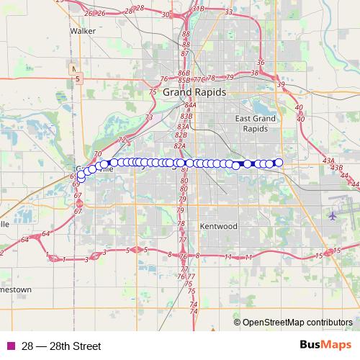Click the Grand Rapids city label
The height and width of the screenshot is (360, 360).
(194, 93)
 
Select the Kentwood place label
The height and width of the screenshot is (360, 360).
(219, 226)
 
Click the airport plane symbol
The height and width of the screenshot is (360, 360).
(332, 215)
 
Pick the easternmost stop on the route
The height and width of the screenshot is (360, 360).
(279, 163)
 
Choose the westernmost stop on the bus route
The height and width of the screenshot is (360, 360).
(81, 178)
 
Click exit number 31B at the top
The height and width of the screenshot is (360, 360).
(197, 9)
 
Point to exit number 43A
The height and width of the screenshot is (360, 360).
(328, 161)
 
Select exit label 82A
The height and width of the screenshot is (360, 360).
(180, 145)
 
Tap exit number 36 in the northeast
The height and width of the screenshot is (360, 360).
(261, 63)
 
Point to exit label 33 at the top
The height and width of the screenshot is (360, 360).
(228, 12)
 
